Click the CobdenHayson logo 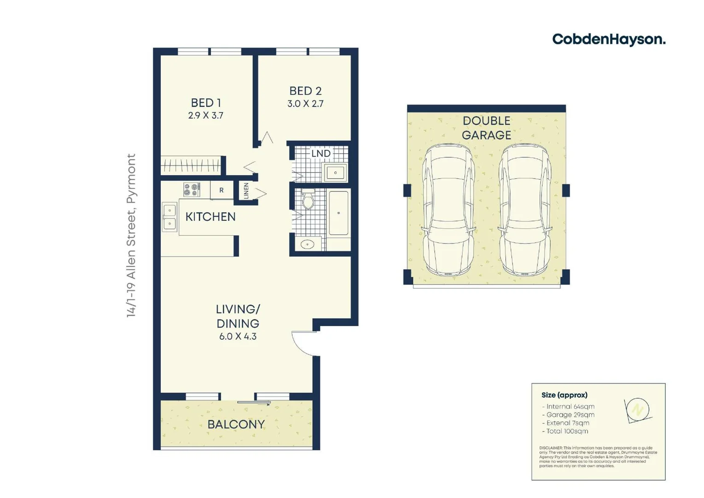[608, 39]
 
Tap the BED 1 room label [205, 102]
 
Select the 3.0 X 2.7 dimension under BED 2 [305, 104]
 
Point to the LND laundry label [320, 153]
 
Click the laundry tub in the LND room [335, 173]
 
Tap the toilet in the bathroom [308, 199]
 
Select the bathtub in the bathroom [339, 213]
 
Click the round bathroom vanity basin [307, 244]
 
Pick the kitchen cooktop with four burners [192, 190]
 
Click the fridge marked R [221, 190]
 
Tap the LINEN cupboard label [246, 190]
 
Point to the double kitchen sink [169, 217]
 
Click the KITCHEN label [210, 217]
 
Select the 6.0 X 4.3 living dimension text [238, 337]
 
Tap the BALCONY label [236, 424]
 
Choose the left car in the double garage [448, 210]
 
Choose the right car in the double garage [525, 210]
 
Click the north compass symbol [638, 409]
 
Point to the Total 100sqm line [567, 431]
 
